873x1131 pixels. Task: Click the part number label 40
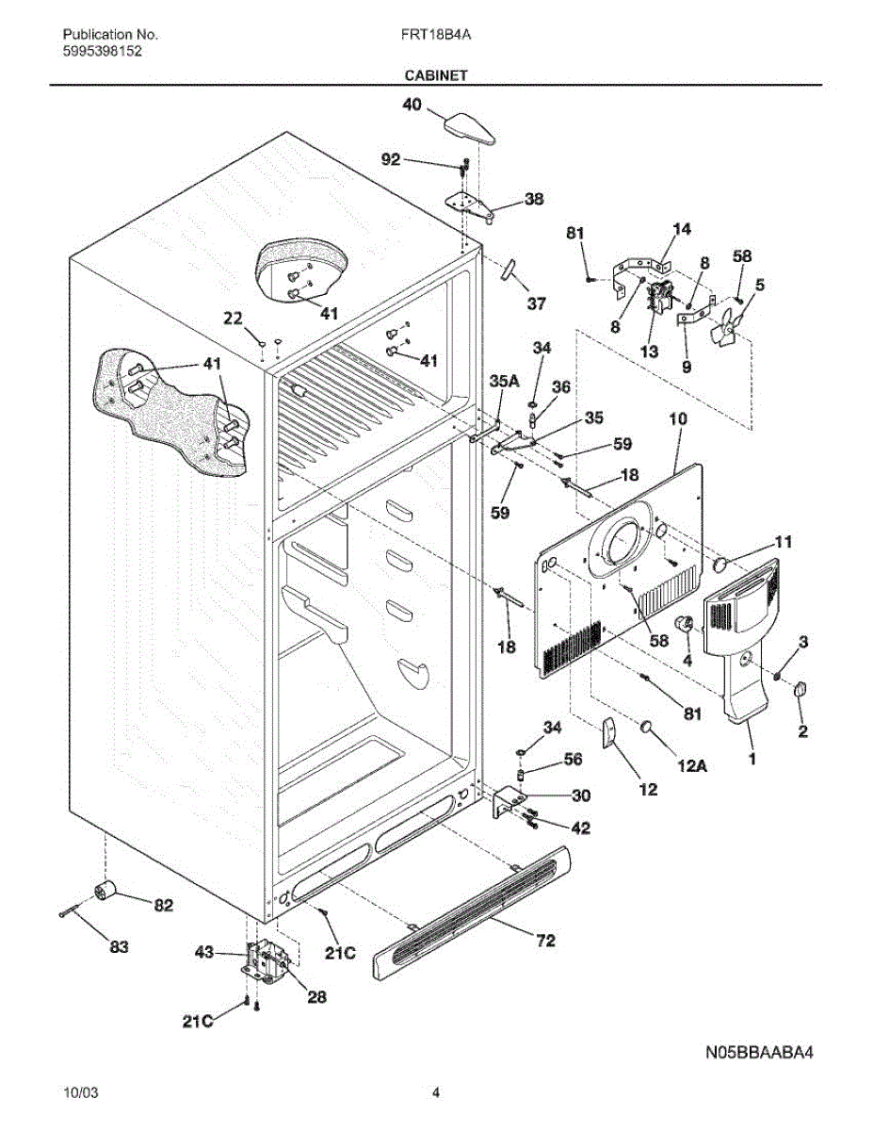412,107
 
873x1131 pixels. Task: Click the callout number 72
544,940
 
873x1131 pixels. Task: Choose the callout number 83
118,946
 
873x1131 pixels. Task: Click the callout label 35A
505,381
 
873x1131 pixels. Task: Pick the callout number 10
678,418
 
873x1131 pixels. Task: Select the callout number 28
317,996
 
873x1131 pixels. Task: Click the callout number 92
391,160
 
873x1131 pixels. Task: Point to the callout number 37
536,304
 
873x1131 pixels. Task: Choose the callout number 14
682,229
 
